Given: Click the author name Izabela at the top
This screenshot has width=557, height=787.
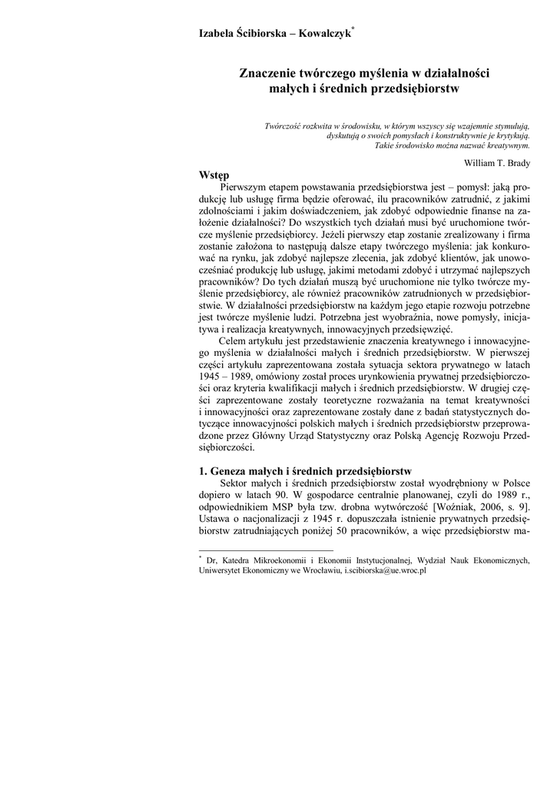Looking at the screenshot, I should coord(219,34).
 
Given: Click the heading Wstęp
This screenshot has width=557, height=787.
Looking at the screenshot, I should coord(214,175).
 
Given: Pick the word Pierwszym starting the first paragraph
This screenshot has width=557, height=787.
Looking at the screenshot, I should coord(245,187).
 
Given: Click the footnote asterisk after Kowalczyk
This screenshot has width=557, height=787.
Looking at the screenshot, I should coord(352,29).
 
